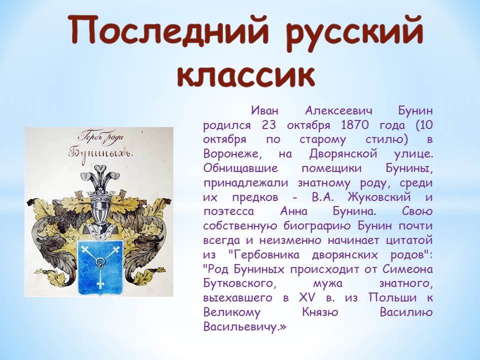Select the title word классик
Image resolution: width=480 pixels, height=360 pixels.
click(x=246, y=75)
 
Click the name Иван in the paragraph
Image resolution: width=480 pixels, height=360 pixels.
click(x=265, y=110)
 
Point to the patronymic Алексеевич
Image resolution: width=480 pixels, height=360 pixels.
click(x=338, y=110)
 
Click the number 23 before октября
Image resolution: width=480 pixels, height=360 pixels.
click(x=269, y=125)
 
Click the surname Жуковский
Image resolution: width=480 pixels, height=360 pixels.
click(x=379, y=197)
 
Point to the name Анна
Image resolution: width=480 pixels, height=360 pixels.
click(x=293, y=211)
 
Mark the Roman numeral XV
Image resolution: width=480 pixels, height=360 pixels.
click(x=306, y=297)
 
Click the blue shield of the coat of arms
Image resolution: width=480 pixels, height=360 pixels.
click(x=99, y=267)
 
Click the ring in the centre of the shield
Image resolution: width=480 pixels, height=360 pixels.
click(x=100, y=262)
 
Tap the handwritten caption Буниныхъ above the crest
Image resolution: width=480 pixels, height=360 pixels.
click(x=100, y=153)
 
